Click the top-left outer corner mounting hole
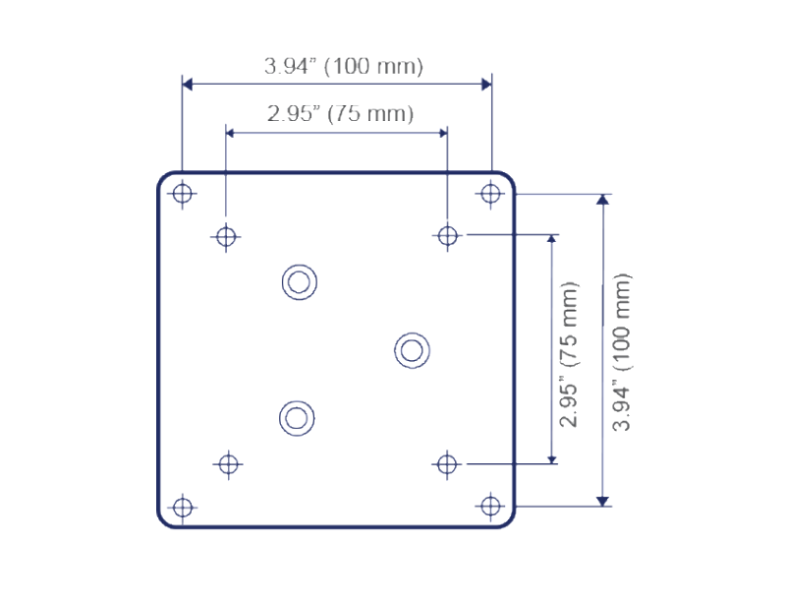(x=183, y=194)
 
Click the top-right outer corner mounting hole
(x=490, y=194)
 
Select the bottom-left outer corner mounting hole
(x=183, y=508)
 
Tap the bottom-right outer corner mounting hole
(x=490, y=506)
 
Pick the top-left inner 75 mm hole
(x=226, y=236)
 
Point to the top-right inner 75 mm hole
(x=447, y=235)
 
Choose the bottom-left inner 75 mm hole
(x=229, y=464)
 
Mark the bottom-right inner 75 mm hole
(x=447, y=464)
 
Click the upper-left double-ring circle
(x=300, y=282)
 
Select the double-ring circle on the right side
(x=412, y=350)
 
